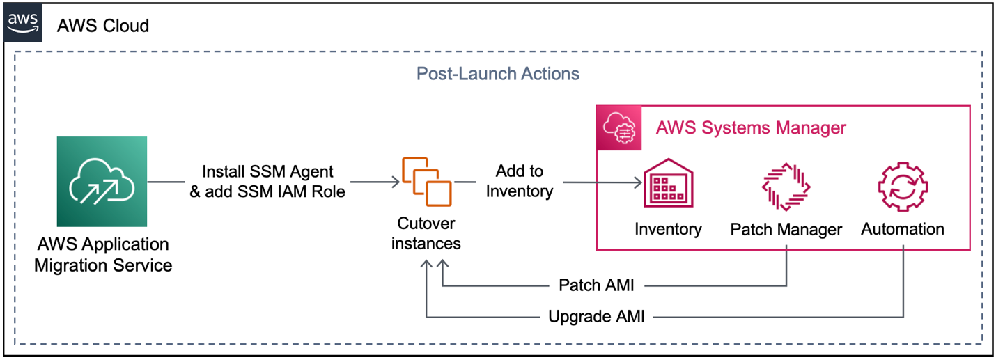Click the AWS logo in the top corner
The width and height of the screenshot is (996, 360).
point(23,23)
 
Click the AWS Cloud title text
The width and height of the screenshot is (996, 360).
point(103,26)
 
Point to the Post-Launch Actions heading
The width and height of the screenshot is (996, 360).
point(497,73)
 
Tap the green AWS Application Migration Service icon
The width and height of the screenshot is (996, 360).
point(102,182)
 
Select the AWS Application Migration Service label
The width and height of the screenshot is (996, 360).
point(102,255)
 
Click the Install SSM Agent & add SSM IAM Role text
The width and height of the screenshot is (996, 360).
point(267,181)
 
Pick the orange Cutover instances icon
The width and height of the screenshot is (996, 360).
point(426,182)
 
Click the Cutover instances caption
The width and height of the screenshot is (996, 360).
point(426,233)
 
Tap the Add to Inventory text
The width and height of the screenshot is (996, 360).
point(519,181)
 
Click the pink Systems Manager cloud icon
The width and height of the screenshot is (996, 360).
point(619,128)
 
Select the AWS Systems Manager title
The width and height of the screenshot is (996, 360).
point(751,128)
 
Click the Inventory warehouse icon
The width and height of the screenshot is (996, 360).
point(667,184)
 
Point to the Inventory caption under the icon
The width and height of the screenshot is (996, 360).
point(667,228)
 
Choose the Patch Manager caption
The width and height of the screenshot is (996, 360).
point(786,230)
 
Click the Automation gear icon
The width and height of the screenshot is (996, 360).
point(903,185)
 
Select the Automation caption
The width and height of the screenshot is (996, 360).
point(903,228)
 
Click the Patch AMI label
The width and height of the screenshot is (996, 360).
point(596,285)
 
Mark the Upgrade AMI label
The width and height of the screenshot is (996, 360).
point(596,318)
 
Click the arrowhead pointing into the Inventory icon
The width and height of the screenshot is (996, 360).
point(637,183)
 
